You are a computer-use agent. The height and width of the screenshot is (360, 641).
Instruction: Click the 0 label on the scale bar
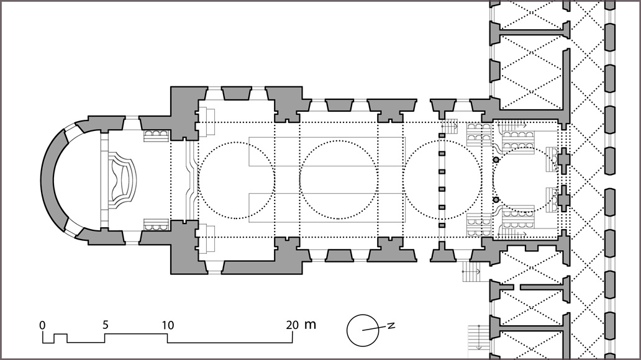click(42, 325)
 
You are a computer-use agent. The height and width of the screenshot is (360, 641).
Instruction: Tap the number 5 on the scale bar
click(106, 325)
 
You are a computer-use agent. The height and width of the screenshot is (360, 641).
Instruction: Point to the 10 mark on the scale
click(168, 325)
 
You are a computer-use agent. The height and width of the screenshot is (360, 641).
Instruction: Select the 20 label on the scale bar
click(292, 325)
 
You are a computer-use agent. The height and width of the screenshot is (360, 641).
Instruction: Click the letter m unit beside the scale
click(311, 325)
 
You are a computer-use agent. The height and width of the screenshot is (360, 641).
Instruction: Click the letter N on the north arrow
click(391, 326)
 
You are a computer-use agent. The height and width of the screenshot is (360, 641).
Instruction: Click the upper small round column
click(496, 160)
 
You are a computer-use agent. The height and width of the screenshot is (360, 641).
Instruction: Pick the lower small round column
click(496, 199)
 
